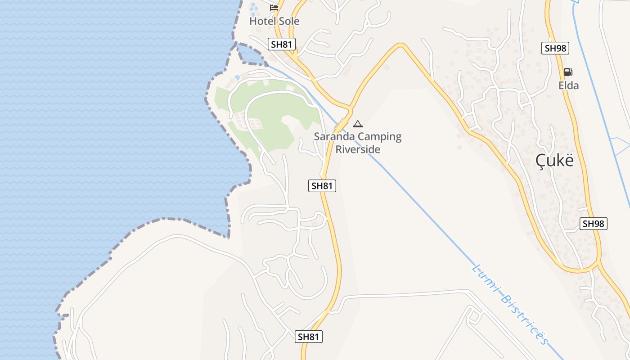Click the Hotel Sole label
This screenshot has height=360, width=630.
(x=274, y=21)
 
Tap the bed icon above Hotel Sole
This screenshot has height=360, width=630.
(x=274, y=7)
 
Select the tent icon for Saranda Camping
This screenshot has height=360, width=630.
(x=358, y=124)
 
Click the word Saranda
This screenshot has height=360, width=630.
(x=333, y=136)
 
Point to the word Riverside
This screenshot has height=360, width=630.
(x=358, y=149)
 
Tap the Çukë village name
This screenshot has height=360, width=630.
(x=555, y=161)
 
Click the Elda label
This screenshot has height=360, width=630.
(x=568, y=85)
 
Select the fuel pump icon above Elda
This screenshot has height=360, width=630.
(x=568, y=72)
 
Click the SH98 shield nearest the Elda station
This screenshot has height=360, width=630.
(x=555, y=48)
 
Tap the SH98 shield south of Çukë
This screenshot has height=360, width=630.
(x=594, y=223)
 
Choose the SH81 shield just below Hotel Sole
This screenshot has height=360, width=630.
(x=282, y=44)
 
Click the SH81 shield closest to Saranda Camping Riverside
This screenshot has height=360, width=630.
(x=322, y=185)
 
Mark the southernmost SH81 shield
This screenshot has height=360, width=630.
(x=309, y=337)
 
